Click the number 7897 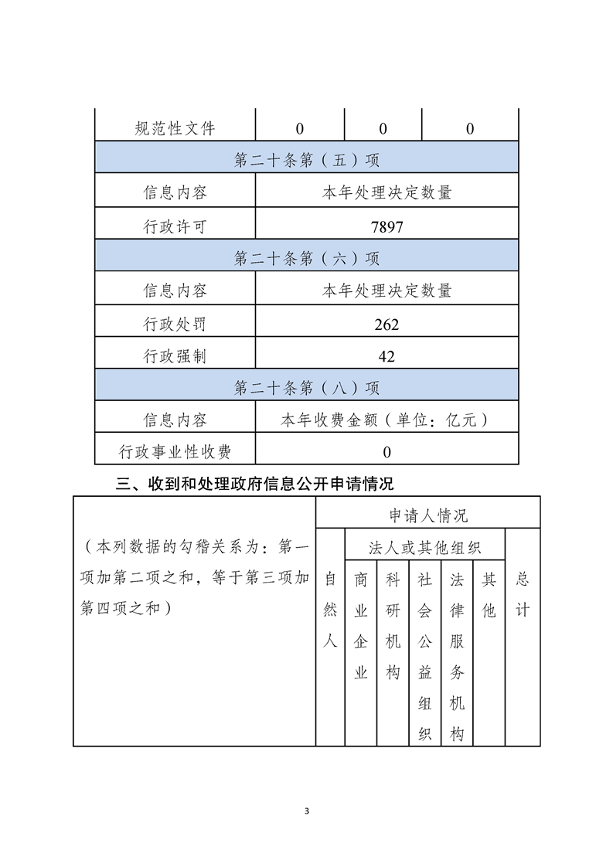(x=387, y=227)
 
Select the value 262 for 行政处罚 (x=387, y=325)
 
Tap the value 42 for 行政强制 (x=387, y=356)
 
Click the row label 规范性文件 (x=175, y=129)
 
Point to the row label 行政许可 (x=175, y=227)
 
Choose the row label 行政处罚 (x=175, y=325)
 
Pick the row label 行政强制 (x=175, y=356)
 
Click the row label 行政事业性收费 (x=175, y=452)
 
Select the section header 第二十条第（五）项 (x=307, y=161)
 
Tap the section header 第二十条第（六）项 (x=307, y=258)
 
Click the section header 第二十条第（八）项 (x=307, y=388)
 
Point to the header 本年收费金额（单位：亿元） (x=387, y=420)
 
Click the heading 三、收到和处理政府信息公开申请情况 (x=254, y=484)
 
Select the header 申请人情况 (x=428, y=515)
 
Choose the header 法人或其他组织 (x=426, y=548)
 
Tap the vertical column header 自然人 (x=330, y=610)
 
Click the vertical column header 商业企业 (x=361, y=626)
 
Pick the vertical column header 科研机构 (x=393, y=626)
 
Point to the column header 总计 (x=523, y=595)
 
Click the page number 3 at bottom (x=307, y=811)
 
